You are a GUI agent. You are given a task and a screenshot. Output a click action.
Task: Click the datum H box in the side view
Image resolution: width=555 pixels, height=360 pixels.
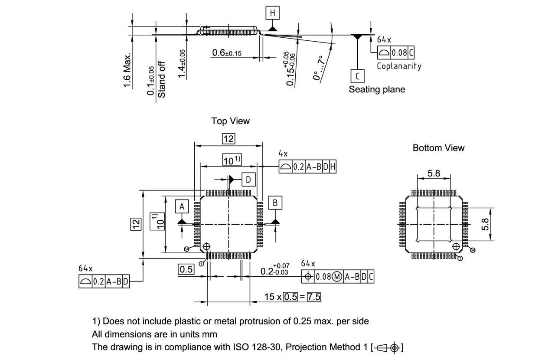[272, 13]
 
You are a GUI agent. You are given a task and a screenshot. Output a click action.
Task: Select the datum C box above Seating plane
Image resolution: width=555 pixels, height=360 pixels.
[358, 76]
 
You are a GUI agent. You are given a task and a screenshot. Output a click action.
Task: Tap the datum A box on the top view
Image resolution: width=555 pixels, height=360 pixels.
[182, 207]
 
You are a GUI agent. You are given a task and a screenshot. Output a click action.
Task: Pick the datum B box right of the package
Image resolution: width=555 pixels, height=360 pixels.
[275, 203]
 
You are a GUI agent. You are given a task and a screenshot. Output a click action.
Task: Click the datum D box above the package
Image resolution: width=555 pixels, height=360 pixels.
[248, 179]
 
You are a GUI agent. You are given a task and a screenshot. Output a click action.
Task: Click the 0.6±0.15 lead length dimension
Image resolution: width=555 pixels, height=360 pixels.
[227, 53]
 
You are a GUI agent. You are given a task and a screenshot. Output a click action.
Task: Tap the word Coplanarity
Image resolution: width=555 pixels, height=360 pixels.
[398, 66]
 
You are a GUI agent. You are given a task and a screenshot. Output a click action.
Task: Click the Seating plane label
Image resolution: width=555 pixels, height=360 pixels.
[377, 89]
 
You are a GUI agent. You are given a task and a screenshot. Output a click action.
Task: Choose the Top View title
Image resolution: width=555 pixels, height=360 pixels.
[230, 121]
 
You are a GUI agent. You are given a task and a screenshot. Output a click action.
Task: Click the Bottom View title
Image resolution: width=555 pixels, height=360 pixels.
[438, 148]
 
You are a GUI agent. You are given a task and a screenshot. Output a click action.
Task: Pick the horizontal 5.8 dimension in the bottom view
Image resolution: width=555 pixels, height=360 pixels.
[434, 173]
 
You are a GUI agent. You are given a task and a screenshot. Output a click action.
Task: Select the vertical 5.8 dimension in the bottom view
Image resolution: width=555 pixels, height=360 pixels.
[485, 224]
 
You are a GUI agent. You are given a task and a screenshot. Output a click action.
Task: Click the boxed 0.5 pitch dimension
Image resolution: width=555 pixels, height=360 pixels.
[186, 269]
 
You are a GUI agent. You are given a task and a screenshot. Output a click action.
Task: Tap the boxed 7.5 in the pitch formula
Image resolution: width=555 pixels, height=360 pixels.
[314, 297]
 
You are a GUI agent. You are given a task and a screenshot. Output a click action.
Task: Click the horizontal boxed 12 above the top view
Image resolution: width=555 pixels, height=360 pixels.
[228, 139]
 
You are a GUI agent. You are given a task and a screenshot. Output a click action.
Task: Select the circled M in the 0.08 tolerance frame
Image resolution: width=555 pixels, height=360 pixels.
[336, 276]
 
